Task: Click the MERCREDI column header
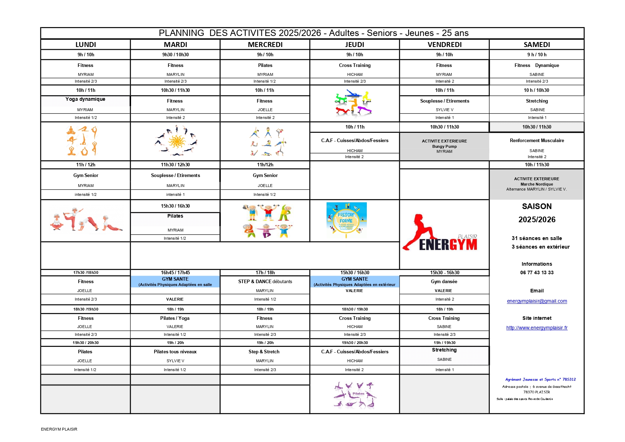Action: pos(265,45)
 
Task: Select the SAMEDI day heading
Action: pos(537,45)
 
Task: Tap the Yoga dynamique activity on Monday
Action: pos(85,99)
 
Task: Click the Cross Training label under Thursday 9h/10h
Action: pos(355,66)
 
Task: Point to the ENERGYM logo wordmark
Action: pos(448,245)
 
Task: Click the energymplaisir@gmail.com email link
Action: pos(537,301)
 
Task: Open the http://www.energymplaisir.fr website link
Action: pos(537,328)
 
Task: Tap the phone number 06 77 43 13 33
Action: pos(537,273)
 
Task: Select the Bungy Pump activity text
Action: pos(444,146)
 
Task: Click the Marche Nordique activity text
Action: pos(537,184)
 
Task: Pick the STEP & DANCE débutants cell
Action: pos(265,282)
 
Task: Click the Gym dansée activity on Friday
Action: pos(444,282)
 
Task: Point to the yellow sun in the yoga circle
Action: pos(177,141)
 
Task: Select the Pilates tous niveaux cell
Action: pos(175,352)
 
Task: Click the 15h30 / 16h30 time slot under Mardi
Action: pos(175,206)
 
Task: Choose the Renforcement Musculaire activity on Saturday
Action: pos(537,141)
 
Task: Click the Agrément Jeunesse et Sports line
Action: pos(540,380)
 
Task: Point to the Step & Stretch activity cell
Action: pos(264,352)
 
